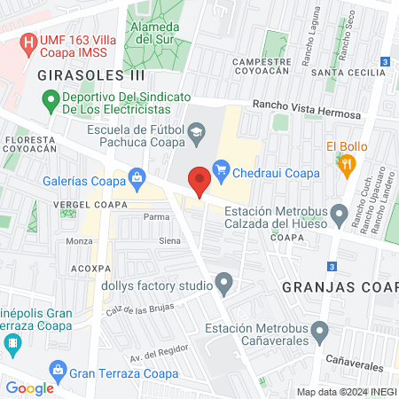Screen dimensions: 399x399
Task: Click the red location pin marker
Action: point(199,180)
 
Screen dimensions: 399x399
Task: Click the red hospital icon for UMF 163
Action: point(29,41)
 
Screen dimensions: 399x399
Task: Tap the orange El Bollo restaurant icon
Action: point(347,163)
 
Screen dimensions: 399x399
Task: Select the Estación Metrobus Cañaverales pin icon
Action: point(320,334)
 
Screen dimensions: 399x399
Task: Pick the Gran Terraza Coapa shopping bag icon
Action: point(59,368)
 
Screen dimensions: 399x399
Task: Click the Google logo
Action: point(29,387)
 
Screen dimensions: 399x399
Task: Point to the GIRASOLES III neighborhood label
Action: point(91,76)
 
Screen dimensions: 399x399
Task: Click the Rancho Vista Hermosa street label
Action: point(307,109)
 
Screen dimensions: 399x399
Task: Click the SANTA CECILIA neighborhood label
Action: point(342,73)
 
